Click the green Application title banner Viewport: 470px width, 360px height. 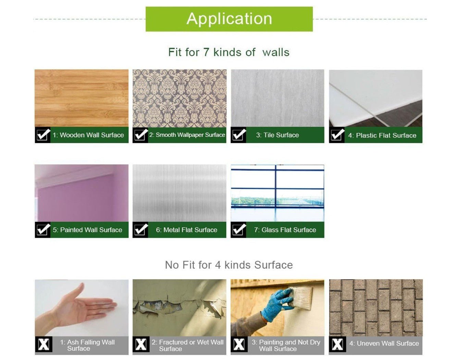click(229, 19)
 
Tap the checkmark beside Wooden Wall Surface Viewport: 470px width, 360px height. click(43, 135)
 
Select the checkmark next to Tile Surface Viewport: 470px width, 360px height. click(238, 135)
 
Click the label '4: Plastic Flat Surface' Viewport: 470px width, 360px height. click(382, 136)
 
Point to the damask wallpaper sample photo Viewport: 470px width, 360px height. click(180, 98)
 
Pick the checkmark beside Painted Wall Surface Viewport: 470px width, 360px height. click(43, 230)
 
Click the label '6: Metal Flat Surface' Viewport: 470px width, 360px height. click(187, 230)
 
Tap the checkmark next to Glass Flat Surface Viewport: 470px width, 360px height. click(238, 230)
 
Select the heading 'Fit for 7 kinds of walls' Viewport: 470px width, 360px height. click(229, 52)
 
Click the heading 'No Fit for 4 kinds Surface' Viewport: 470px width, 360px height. click(229, 265)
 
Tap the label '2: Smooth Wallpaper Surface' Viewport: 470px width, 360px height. click(187, 135)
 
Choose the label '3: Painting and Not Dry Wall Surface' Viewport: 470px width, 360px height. click(286, 345)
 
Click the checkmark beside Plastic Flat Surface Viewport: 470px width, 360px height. click(337, 135)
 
